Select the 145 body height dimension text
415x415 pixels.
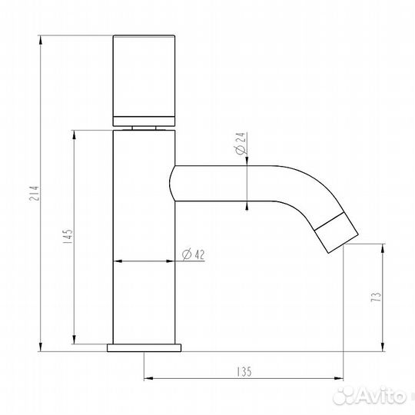68,237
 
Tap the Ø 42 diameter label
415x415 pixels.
193,254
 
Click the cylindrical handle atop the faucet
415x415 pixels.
145,74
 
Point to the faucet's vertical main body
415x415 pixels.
145,231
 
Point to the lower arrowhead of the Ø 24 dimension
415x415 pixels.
247,206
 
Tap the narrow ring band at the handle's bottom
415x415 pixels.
145,119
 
